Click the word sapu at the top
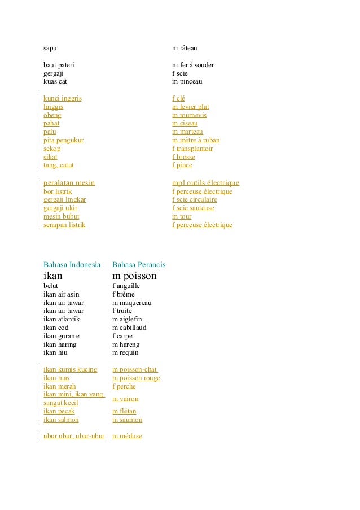point(50,49)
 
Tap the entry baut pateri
point(59,65)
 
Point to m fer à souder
point(193,65)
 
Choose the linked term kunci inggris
point(63,98)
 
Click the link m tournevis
point(189,115)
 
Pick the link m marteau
point(187,132)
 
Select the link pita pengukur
point(64,140)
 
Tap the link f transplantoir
point(192,149)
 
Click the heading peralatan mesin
point(69,183)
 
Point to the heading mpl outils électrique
point(205,183)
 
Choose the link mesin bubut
point(62,216)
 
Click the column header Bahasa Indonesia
point(72,264)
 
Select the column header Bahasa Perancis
point(139,264)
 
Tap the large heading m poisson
point(134,276)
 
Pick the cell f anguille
point(126,286)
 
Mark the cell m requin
point(125,353)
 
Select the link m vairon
point(125,399)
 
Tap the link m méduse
point(127,436)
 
